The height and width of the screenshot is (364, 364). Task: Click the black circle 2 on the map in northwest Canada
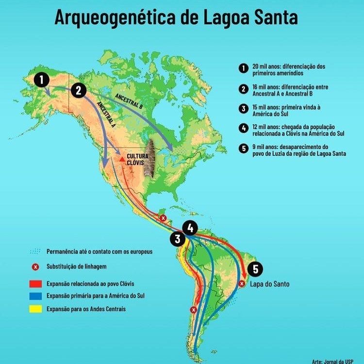[x=78, y=90]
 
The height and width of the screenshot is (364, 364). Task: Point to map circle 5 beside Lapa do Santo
[x=255, y=269]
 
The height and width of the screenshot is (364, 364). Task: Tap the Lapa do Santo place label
[x=269, y=283]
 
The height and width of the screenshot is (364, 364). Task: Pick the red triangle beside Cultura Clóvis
[x=121, y=158]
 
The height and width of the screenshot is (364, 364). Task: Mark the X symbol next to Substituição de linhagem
[x=35, y=267]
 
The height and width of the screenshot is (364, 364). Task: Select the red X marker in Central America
[x=163, y=218]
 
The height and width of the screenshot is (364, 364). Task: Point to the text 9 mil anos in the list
[x=265, y=147]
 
